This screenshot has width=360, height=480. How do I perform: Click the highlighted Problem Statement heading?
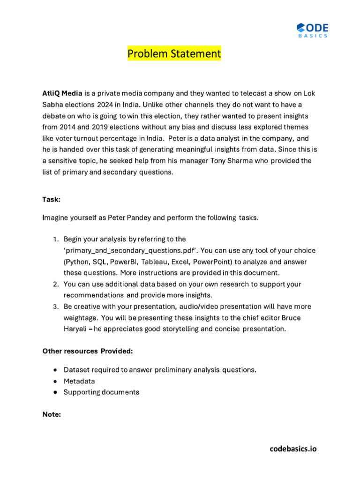pyautogui.click(x=174, y=54)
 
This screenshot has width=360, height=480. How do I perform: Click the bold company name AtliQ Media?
pyautogui.click(x=62, y=93)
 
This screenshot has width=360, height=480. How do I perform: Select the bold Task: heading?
pyautogui.click(x=52, y=199)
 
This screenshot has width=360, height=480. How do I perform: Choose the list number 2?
pyautogui.click(x=55, y=284)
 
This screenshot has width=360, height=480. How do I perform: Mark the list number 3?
pyautogui.click(x=55, y=307)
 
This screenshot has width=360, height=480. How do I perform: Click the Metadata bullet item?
pyautogui.click(x=79, y=381)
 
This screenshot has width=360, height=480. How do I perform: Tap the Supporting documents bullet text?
pyautogui.click(x=101, y=392)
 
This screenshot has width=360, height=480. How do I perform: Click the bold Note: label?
pyautogui.click(x=52, y=414)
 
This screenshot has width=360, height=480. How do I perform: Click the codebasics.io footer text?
pyautogui.click(x=293, y=449)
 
